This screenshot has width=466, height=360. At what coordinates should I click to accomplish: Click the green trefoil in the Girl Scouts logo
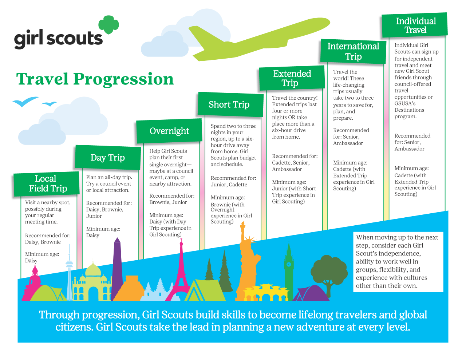108,25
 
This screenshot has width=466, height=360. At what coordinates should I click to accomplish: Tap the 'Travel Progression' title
95,79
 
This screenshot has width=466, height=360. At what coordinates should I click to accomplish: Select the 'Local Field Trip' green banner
46,184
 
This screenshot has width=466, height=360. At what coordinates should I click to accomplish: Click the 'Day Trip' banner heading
108,158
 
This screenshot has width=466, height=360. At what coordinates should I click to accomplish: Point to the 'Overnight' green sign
169,131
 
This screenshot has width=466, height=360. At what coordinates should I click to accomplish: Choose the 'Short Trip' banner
230,104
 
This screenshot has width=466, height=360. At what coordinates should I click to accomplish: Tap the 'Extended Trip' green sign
292,78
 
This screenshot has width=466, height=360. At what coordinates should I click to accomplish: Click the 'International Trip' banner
353,51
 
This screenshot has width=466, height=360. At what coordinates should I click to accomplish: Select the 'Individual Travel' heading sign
415,25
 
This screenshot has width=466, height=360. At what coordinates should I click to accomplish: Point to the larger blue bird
25,102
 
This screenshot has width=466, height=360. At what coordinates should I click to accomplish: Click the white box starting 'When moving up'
398,262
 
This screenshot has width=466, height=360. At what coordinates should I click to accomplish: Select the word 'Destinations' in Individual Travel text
409,110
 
